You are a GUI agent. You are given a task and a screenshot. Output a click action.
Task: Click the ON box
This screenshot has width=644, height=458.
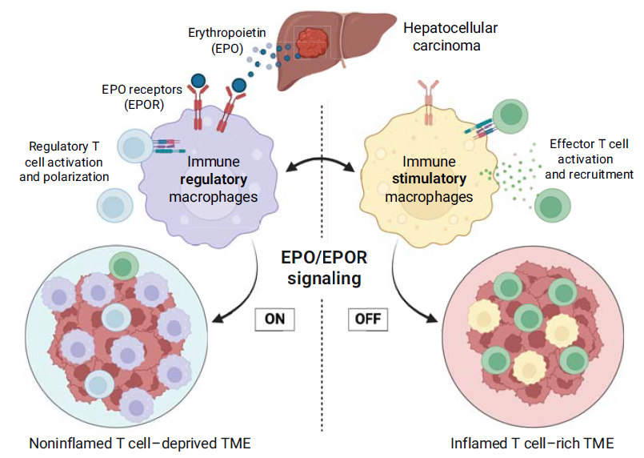click(274, 319)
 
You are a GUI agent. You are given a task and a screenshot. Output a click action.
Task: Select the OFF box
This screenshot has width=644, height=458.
click(368, 319)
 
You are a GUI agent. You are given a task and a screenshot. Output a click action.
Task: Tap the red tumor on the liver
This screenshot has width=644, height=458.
click(312, 43)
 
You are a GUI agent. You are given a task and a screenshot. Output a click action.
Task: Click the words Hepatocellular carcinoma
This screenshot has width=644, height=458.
click(450, 37)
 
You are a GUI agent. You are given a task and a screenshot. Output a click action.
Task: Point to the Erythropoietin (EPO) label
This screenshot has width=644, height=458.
click(226, 40)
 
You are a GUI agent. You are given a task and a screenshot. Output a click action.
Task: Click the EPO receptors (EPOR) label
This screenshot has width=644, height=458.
click(142, 97)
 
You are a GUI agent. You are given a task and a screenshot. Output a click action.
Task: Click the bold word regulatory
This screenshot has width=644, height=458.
click(214, 179)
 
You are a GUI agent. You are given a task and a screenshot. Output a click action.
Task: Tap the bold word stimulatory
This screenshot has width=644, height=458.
click(429, 179)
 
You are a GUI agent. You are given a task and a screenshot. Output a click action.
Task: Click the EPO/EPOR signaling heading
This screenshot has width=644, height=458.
click(324, 267)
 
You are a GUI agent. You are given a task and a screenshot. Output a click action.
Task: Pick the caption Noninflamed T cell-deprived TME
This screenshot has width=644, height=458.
click(140, 444)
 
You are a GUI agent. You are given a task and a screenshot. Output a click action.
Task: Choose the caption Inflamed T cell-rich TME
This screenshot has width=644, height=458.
click(532, 444)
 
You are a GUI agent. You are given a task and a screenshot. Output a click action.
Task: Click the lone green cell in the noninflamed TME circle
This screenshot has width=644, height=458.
click(124, 267)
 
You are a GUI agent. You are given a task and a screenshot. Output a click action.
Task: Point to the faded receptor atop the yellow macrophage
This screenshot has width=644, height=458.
click(428, 102)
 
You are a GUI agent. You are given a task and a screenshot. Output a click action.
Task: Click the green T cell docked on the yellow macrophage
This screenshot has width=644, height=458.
click(510, 116)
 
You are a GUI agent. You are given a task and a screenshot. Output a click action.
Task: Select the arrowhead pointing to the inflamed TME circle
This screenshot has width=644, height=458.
click(431, 317)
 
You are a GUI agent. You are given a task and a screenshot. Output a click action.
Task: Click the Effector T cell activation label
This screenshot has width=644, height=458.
click(589, 159)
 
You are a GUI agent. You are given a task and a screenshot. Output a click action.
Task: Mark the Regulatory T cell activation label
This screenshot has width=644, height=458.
click(64, 162)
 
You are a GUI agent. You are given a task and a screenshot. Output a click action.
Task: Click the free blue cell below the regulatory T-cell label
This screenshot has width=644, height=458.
click(114, 205)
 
